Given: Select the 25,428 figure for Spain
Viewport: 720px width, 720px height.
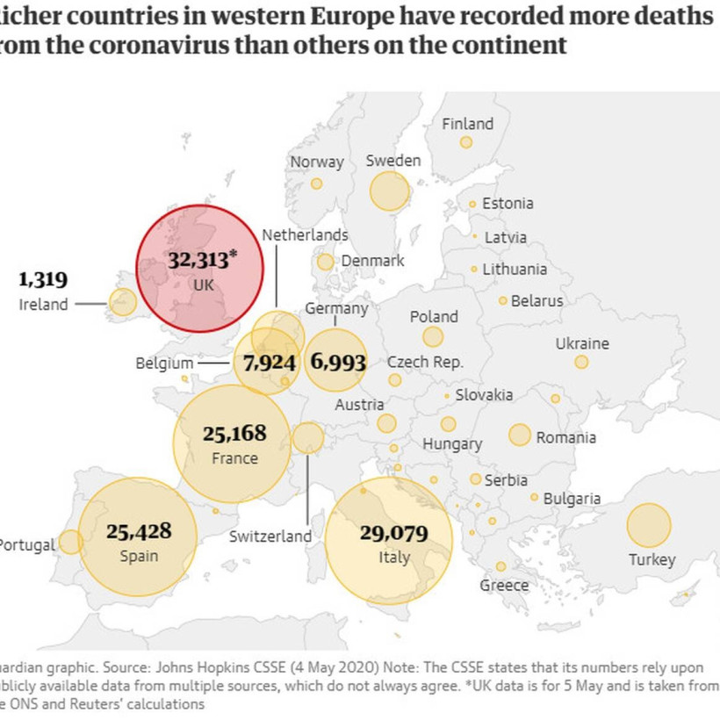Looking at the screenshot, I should [x=139, y=531].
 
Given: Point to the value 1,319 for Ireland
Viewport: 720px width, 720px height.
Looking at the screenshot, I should [x=43, y=280].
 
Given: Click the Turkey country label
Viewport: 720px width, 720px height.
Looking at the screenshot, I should [x=652, y=559].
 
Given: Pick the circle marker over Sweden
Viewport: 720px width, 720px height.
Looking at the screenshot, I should [x=389, y=191].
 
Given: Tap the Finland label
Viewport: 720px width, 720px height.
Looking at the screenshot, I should [x=467, y=124].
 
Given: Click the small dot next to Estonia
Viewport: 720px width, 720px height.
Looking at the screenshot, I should [x=472, y=204].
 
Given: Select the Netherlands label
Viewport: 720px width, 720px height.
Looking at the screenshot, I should [x=305, y=234].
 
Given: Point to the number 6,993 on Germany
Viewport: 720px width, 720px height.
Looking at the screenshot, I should [x=338, y=361].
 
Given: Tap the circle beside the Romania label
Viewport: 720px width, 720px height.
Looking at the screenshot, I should [x=520, y=435].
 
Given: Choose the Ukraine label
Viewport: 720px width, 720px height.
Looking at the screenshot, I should [x=582, y=343].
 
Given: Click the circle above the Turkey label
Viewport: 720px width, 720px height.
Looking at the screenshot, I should [x=649, y=525].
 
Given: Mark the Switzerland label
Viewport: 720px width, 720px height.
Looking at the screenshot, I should [x=270, y=536].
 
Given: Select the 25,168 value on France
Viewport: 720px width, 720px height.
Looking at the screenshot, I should [x=234, y=433].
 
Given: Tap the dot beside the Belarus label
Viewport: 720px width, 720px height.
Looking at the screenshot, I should [x=503, y=300].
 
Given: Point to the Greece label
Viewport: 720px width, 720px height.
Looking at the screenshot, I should [x=504, y=585].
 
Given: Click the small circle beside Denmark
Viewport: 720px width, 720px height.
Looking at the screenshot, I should [x=326, y=262].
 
